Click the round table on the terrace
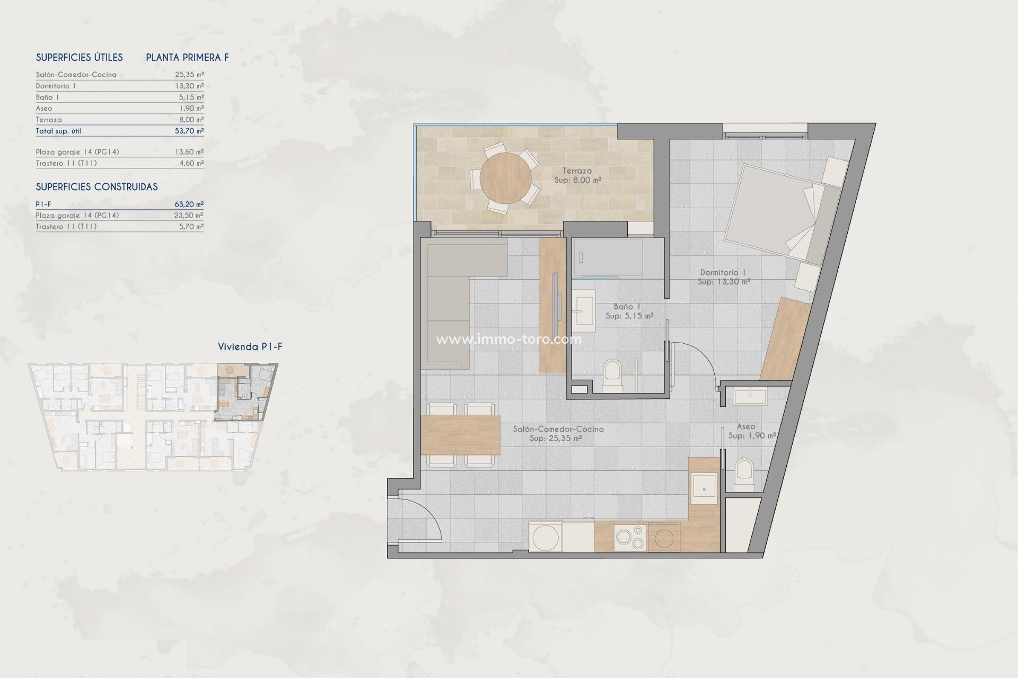[x=505, y=178]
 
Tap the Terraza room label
[x=577, y=171]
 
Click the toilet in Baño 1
[x=612, y=376]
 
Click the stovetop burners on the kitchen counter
[x=630, y=538]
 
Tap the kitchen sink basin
[x=704, y=488]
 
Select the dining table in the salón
[x=460, y=435]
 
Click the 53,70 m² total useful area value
[x=189, y=131]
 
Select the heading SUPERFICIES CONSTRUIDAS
[x=96, y=187]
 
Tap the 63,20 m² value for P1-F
[x=189, y=204]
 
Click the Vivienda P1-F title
[x=250, y=347]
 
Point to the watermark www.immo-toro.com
[x=508, y=340]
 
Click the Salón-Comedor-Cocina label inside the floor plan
[x=558, y=429]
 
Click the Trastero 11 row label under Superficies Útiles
[x=66, y=163]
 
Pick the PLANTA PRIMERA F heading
[x=187, y=58]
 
